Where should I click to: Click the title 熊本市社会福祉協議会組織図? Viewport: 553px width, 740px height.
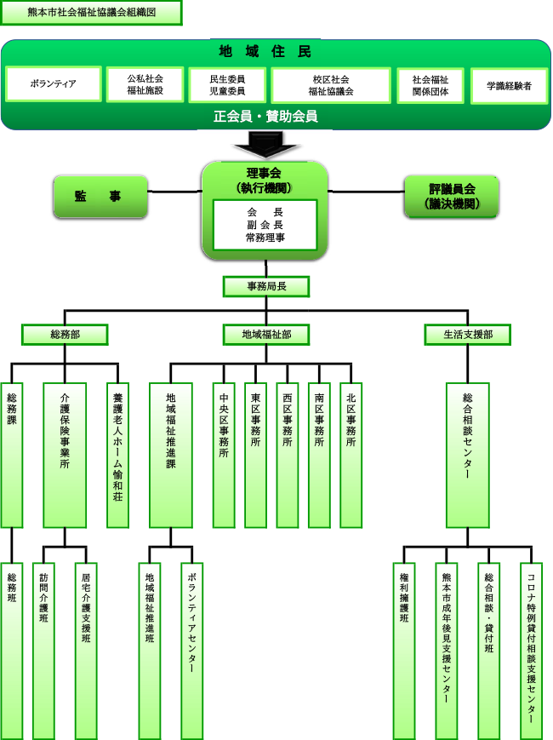91,13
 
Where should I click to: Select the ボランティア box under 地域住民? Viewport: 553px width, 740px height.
53,84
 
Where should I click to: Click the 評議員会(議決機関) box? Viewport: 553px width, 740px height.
451,196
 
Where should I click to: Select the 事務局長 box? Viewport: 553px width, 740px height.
265,287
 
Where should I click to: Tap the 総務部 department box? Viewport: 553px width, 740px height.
65,335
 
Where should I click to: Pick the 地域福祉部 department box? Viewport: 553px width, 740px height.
265,335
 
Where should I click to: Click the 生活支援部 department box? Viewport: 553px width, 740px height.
469,335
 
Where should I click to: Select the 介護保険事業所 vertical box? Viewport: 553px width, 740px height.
65,455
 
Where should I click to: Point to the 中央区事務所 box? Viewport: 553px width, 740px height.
224,455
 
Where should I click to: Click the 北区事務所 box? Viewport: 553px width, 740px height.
351,455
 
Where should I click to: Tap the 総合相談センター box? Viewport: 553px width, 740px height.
468,455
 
